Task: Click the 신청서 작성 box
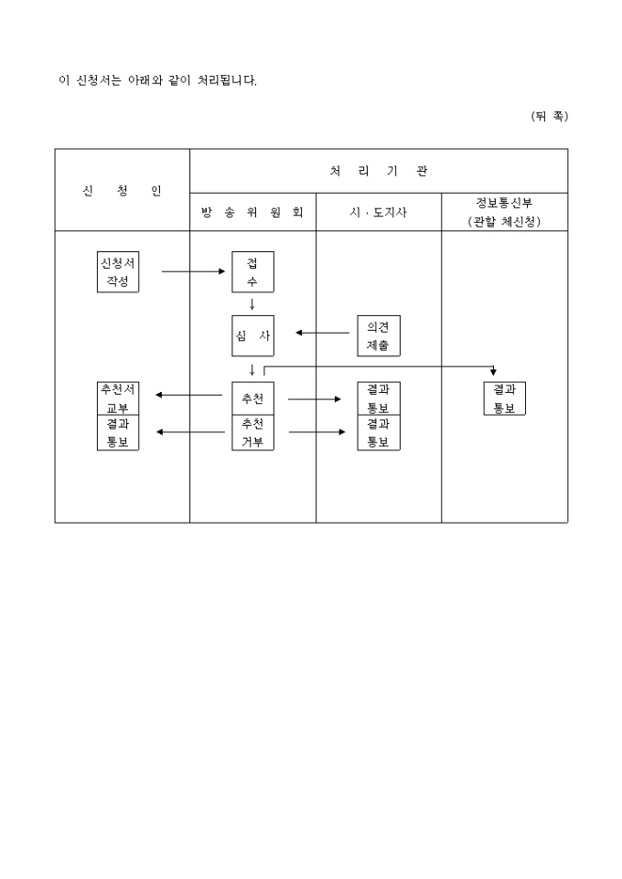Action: (118, 271)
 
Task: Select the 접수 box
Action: (252, 271)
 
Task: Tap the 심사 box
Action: (252, 335)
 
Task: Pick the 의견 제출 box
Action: (378, 335)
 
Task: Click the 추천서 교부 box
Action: (118, 397)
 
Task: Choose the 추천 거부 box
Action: (252, 433)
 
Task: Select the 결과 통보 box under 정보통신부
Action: (505, 397)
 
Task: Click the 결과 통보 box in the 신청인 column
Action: (118, 433)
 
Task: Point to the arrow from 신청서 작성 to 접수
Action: (192, 271)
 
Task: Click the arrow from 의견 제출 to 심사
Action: (326, 333)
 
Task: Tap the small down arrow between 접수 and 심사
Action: (252, 304)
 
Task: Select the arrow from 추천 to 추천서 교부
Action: (189, 396)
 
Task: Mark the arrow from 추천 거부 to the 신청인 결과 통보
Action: (189, 431)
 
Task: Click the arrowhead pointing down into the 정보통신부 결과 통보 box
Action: (494, 372)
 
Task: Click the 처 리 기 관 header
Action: (378, 171)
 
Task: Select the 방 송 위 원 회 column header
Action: (252, 213)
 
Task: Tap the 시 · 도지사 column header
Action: (378, 213)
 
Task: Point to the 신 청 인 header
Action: (122, 191)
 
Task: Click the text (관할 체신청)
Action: (504, 222)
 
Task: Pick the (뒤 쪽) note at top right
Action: (549, 116)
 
